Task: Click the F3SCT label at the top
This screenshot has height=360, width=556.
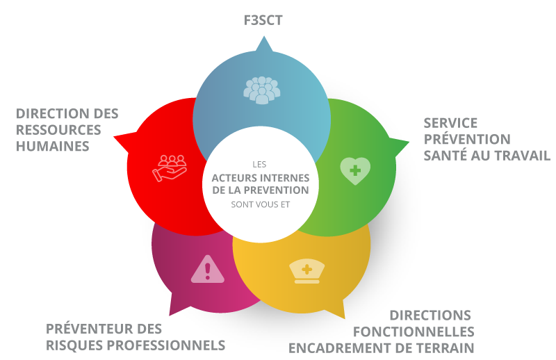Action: (x=263, y=20)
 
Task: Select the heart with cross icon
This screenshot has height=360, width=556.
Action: (x=354, y=170)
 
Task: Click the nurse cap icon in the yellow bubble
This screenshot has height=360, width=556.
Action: (x=305, y=270)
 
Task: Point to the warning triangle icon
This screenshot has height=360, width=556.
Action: (x=207, y=270)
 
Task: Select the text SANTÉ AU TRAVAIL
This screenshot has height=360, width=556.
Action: (x=486, y=156)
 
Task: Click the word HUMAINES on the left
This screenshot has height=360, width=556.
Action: (x=53, y=147)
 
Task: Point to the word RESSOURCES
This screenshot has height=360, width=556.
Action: (x=58, y=130)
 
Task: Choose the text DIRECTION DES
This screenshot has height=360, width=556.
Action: (x=67, y=113)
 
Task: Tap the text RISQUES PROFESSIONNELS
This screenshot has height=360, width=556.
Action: (x=136, y=345)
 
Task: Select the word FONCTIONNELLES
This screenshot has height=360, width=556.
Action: (x=414, y=332)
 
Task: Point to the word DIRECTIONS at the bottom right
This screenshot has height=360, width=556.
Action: (x=430, y=315)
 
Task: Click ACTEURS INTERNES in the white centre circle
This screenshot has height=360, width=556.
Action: (x=260, y=177)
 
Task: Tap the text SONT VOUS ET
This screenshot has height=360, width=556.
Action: (x=260, y=204)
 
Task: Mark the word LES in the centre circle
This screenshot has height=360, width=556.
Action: (x=260, y=164)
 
